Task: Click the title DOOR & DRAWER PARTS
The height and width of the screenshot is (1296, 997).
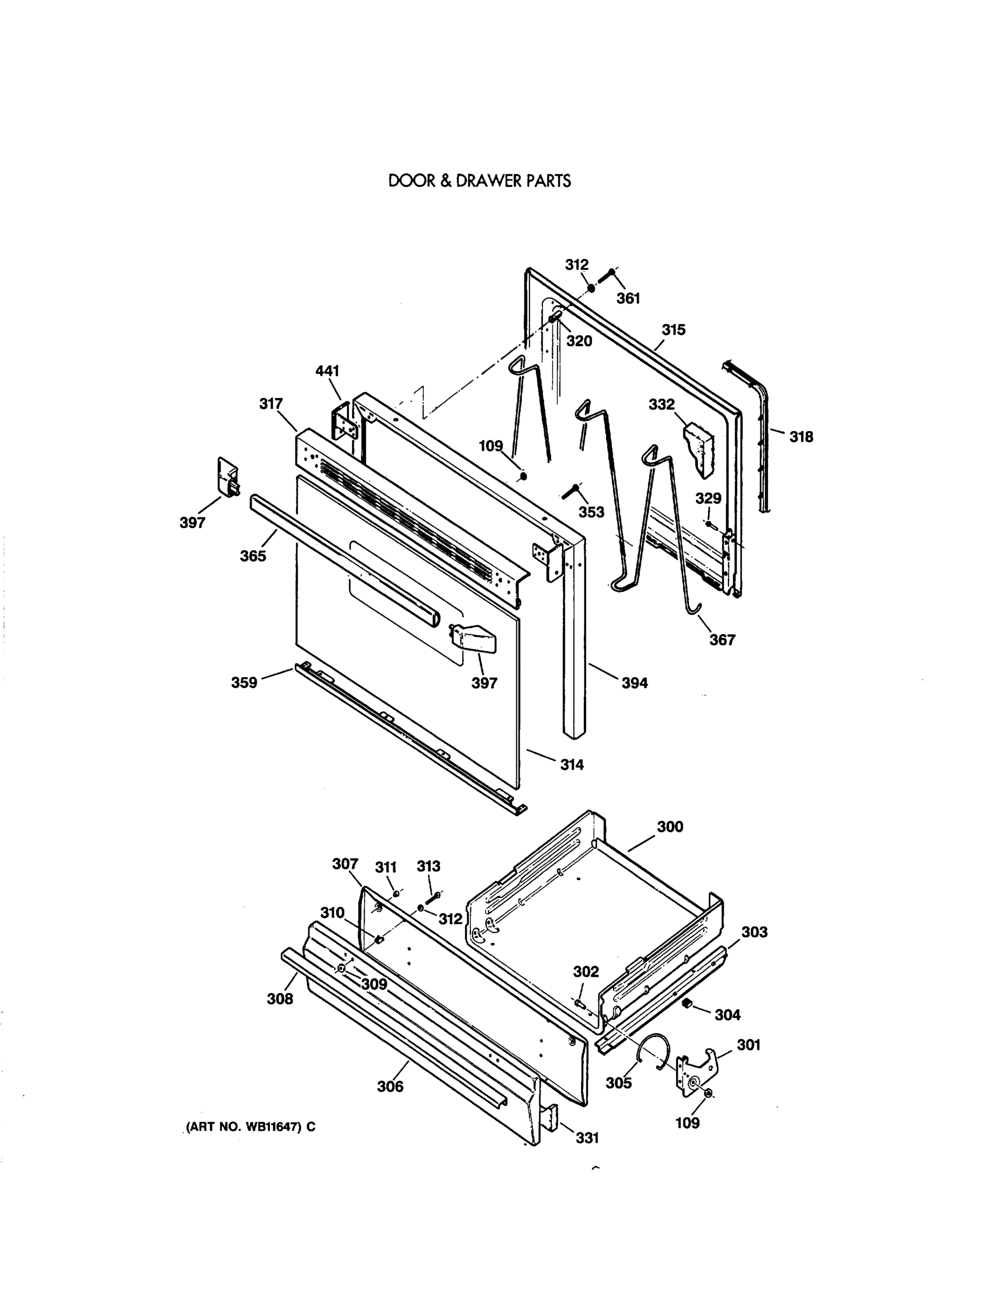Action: [x=480, y=181]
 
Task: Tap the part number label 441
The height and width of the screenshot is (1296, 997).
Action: [x=327, y=371]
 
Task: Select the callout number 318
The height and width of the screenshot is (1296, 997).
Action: [x=800, y=437]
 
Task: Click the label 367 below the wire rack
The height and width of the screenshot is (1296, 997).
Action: [x=722, y=640]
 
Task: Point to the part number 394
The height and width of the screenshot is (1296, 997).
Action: [x=635, y=683]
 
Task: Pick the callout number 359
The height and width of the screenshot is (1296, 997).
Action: [x=244, y=683]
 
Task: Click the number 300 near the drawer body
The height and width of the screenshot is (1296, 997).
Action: [x=670, y=827]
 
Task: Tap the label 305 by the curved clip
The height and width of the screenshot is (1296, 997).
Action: [x=618, y=1083]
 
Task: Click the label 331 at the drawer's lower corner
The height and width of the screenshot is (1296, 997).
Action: [x=587, y=1138]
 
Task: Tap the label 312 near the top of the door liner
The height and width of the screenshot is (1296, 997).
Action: [x=576, y=265]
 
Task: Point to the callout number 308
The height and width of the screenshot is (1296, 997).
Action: [x=280, y=998]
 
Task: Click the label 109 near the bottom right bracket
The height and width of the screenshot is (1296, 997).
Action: [x=687, y=1123]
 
